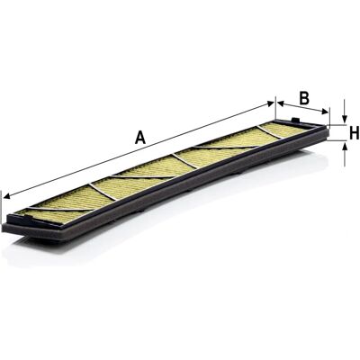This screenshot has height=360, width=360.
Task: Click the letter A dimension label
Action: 140,138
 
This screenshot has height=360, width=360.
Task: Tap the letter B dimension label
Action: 304,98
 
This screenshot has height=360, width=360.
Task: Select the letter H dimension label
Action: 355,133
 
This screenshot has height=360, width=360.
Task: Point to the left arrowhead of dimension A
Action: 7,196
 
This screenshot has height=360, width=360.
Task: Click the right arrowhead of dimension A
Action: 270,103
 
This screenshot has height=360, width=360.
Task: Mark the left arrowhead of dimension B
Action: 280,103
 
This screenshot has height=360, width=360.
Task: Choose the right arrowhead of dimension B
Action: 325,112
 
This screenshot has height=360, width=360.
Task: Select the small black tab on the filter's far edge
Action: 296,120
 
